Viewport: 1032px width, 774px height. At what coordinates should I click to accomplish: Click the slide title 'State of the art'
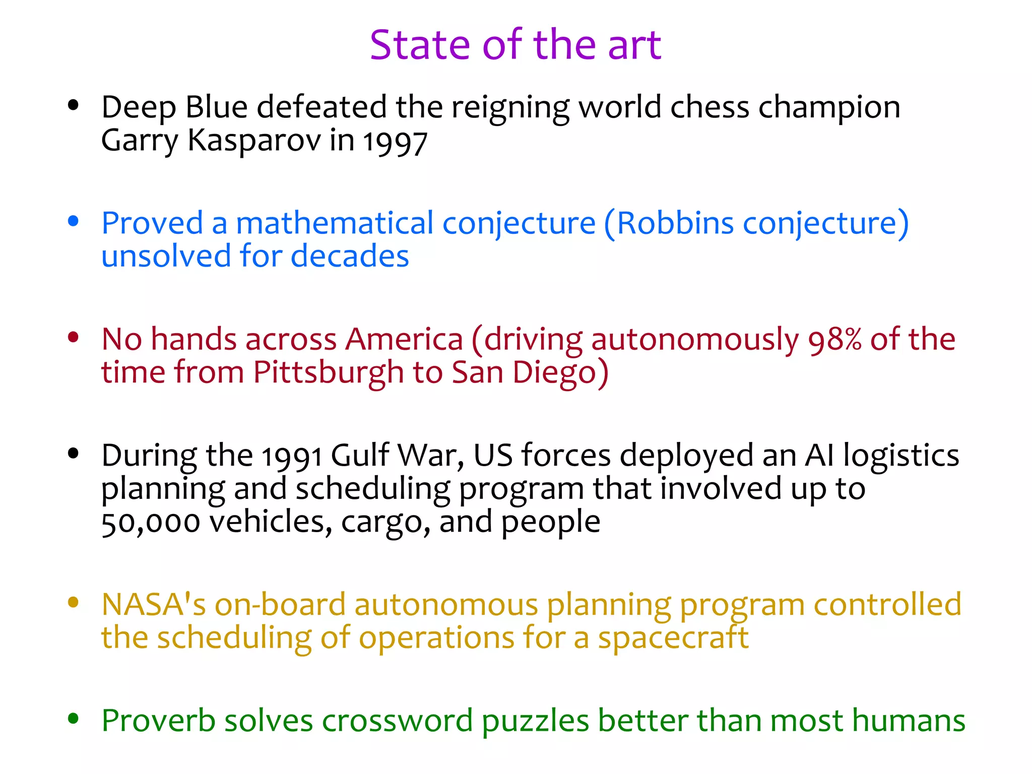click(515, 45)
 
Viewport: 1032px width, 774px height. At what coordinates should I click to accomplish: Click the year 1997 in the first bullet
click(395, 142)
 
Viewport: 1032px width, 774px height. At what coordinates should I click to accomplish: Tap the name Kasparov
click(254, 140)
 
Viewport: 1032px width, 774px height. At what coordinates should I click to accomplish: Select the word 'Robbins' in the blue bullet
click(675, 223)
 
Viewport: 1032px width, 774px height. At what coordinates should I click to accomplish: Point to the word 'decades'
click(350, 256)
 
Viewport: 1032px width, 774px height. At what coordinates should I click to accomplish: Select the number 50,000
click(151, 523)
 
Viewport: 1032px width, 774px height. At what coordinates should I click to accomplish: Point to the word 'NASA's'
click(154, 604)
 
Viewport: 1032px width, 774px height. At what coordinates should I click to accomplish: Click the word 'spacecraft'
click(673, 638)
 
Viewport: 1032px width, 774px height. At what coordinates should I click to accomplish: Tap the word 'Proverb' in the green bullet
click(158, 721)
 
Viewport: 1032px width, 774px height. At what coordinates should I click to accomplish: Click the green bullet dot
click(74, 719)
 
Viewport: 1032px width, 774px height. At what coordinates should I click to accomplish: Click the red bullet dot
click(74, 337)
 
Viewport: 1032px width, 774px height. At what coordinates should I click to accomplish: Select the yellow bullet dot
click(74, 602)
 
